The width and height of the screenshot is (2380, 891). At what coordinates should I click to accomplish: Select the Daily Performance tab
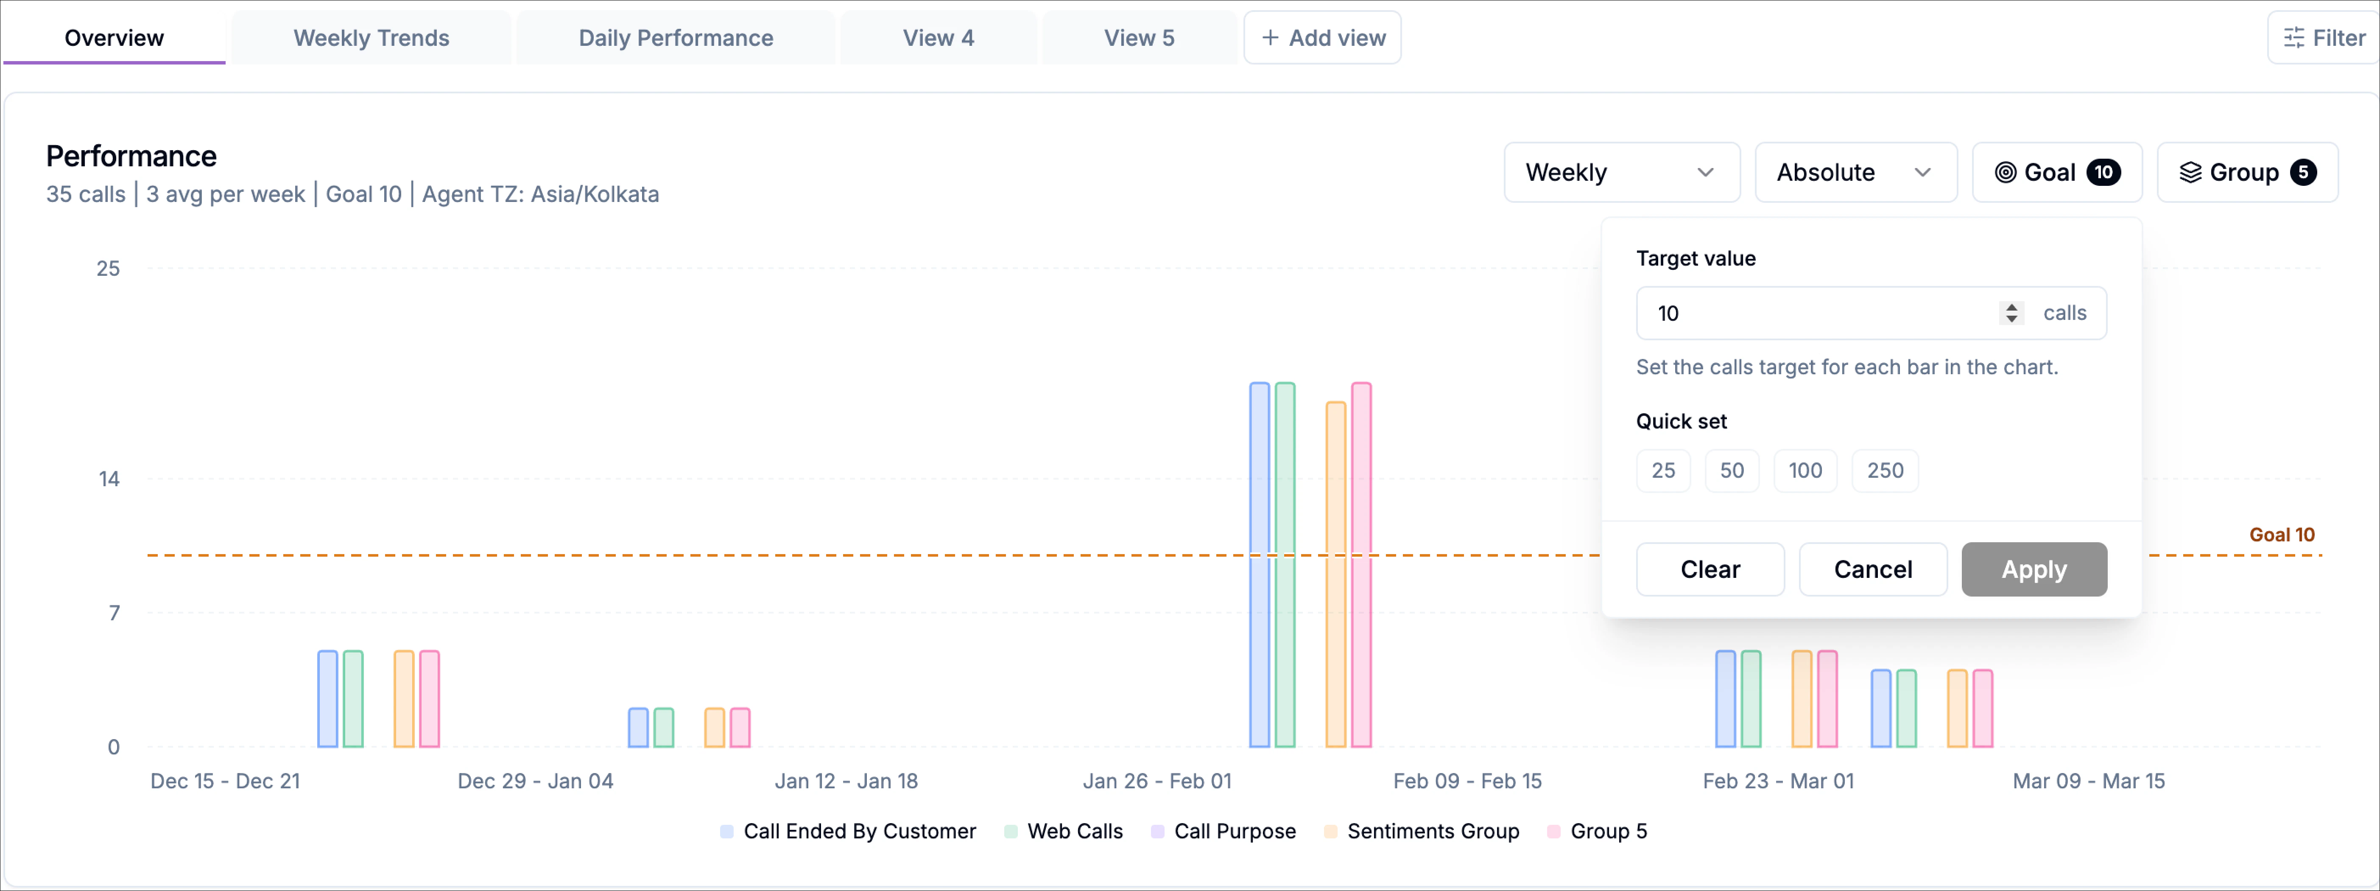(x=676, y=38)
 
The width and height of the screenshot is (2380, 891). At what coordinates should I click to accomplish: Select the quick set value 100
(x=1805, y=471)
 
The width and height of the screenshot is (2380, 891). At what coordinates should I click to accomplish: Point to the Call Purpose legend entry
(x=1233, y=831)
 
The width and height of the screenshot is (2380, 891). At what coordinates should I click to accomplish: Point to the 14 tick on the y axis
(x=109, y=479)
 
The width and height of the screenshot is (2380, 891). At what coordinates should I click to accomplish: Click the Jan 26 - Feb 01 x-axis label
(x=1157, y=781)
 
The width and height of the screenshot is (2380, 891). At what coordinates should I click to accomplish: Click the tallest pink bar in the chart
(x=1361, y=564)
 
